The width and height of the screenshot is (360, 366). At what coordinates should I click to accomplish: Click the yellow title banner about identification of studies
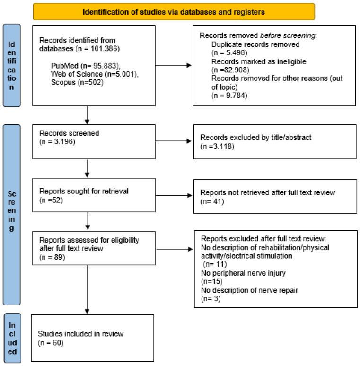tap(174, 12)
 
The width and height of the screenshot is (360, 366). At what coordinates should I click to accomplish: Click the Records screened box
tap(93, 141)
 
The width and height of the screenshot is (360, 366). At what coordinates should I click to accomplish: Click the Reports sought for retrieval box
tap(93, 195)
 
